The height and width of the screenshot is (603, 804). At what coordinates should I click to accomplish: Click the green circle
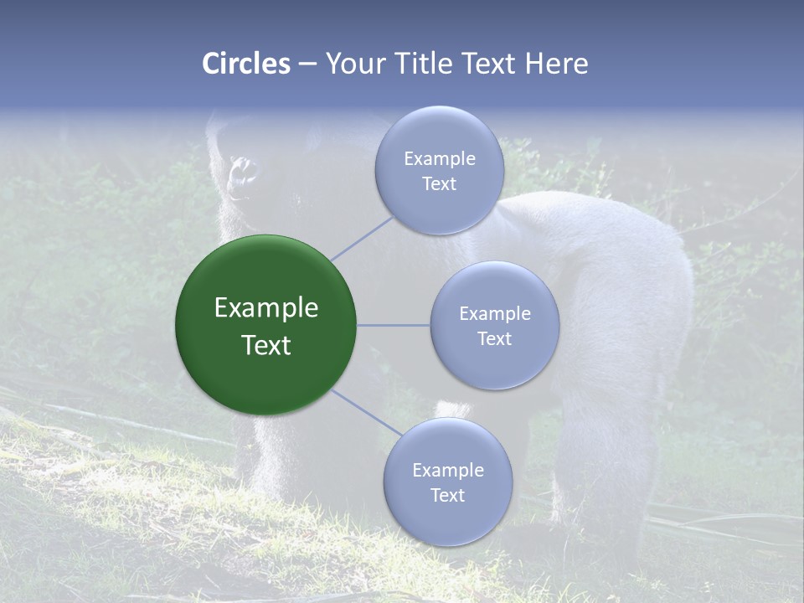pos(265,325)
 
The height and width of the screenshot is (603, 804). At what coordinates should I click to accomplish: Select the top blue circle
pos(439,170)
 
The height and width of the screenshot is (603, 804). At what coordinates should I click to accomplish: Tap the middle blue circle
pos(494,326)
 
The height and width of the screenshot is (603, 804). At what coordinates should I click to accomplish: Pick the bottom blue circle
pos(447,482)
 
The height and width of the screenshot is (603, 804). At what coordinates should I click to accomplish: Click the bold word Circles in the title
pos(245,64)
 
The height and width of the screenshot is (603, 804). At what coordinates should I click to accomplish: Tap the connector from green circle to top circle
pos(363,236)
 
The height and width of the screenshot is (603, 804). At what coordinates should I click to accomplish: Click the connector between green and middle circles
pos(394,325)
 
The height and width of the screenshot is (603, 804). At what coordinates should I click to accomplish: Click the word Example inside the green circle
pos(265,308)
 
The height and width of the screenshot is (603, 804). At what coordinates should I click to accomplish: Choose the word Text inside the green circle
pos(265,345)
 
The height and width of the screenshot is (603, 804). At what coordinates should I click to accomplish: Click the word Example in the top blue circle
pos(439,158)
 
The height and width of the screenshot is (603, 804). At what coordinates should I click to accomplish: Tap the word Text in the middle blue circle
pos(494,338)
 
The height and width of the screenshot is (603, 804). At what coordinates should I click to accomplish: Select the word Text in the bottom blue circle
pos(447,495)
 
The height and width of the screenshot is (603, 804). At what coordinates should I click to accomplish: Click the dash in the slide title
pos(307,64)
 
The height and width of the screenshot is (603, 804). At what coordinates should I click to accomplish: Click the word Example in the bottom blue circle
pos(447,470)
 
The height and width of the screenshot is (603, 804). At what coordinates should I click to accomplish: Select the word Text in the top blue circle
pos(439,183)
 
